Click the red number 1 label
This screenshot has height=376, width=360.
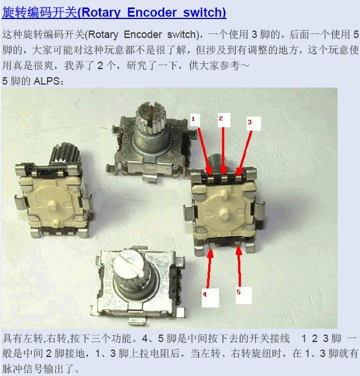click(x=193, y=119)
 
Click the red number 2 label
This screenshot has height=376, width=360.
click(x=221, y=118)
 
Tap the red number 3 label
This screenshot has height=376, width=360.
click(x=250, y=122)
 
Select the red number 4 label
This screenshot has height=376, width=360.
click(x=205, y=294)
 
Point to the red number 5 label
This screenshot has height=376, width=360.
click(x=239, y=292)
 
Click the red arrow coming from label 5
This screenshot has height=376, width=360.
click(x=239, y=266)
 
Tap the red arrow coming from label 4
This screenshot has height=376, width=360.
click(x=209, y=268)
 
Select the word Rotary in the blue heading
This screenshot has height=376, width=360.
click(x=101, y=12)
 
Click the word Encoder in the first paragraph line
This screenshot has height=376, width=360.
click(x=143, y=35)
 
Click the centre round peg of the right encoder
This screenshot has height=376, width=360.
click(x=224, y=212)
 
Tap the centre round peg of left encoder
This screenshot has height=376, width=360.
click(x=52, y=205)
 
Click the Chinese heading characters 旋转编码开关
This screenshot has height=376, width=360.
click(x=40, y=12)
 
